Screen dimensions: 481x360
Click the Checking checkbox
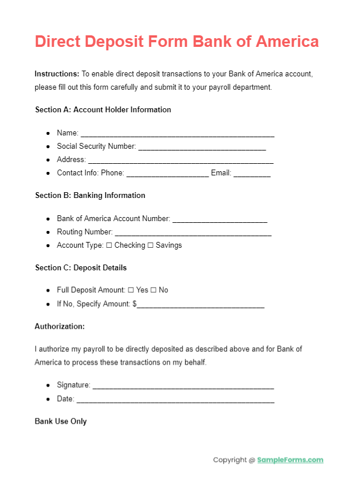[109, 245]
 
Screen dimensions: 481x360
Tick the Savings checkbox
[150, 245]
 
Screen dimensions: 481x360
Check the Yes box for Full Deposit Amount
[131, 290]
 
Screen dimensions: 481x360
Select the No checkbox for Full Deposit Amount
[153, 290]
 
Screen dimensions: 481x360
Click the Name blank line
[177, 134]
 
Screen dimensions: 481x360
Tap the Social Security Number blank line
[202, 148]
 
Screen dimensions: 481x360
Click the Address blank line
[181, 161]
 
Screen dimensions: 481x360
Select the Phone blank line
[167, 174]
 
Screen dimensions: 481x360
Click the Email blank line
[252, 174]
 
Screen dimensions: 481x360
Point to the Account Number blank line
[220, 220]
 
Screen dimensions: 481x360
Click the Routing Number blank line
[193, 233]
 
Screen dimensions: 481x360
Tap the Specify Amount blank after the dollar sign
[201, 305]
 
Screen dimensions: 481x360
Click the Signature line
[183, 387]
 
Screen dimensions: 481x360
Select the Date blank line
[175, 400]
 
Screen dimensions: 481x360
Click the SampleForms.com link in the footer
[290, 460]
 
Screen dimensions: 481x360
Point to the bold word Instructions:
[57, 74]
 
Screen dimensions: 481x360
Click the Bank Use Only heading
[61, 421]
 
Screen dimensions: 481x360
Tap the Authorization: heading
[60, 326]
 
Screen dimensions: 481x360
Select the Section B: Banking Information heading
[90, 196]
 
